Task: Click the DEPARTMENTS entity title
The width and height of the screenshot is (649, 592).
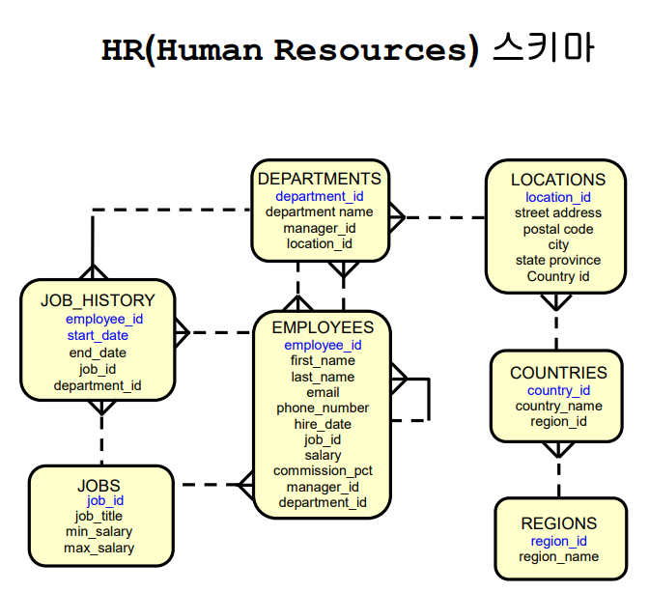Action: tap(319, 179)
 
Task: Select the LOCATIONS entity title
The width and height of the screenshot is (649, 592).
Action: tap(558, 180)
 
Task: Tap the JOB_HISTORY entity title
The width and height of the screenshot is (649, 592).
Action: tap(98, 300)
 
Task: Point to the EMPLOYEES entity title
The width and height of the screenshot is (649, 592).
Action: tap(323, 327)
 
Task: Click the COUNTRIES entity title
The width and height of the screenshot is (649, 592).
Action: tap(558, 373)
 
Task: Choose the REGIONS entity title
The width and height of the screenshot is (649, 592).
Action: tap(558, 524)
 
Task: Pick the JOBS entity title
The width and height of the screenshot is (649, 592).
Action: tap(99, 485)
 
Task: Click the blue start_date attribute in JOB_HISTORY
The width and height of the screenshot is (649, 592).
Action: tap(98, 336)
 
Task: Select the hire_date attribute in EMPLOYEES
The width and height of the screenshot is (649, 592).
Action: tap(323, 424)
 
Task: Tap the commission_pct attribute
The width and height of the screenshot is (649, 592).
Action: tap(323, 471)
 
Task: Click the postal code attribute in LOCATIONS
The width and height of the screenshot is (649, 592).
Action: tap(558, 229)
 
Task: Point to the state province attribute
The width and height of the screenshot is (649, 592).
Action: tap(558, 261)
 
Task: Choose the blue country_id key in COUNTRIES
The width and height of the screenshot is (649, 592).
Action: tap(558, 390)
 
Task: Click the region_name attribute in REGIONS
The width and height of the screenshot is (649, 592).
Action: tap(558, 557)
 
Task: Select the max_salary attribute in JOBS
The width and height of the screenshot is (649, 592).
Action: tap(99, 549)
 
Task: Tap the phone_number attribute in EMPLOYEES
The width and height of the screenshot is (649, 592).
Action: tap(323, 409)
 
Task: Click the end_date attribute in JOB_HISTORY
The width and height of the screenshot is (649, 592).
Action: tap(98, 352)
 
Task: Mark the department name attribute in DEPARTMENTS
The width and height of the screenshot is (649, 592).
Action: tap(319, 211)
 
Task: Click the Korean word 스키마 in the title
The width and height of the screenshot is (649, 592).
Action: tap(541, 48)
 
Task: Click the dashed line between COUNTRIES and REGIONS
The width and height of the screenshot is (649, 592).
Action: tap(558, 476)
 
